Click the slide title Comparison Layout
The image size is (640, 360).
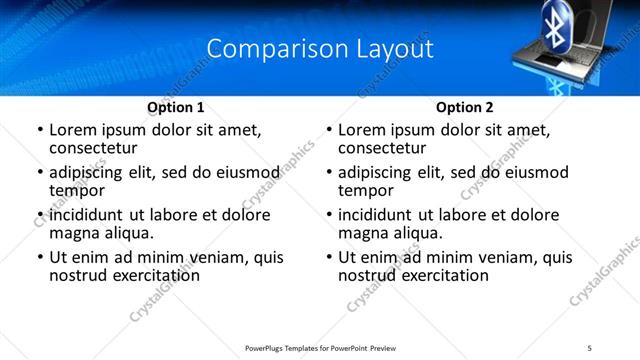coord(320,48)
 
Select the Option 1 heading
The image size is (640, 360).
coord(176,107)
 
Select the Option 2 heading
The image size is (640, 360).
coord(465,107)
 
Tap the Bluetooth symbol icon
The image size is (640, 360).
coord(555,22)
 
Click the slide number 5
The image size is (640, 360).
coord(590,347)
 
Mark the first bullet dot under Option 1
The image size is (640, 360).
coord(39,131)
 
